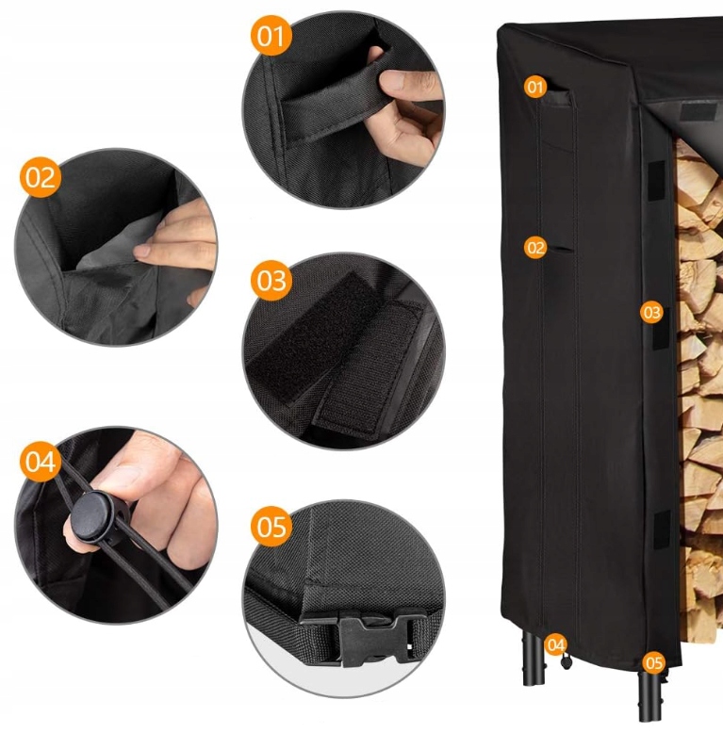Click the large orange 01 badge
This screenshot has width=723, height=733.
tap(271, 36)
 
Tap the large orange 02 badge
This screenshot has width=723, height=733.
tap(41, 178)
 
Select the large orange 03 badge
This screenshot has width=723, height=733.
tap(271, 281)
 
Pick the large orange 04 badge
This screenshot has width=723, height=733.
tap(41, 462)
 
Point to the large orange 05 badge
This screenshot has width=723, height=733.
tap(271, 527)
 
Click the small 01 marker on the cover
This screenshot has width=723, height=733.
tap(535, 87)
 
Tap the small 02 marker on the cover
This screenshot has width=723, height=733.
tap(535, 248)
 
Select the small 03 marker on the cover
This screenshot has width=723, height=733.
tap(651, 312)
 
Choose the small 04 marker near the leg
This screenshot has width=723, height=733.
tap(555, 645)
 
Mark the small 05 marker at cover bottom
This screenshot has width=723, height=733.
tap(653, 663)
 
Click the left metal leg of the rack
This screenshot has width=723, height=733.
tap(533, 658)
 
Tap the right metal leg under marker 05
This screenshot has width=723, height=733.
tap(650, 696)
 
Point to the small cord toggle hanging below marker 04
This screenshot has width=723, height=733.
tap(566, 661)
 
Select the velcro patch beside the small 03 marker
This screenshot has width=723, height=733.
tap(661, 328)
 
